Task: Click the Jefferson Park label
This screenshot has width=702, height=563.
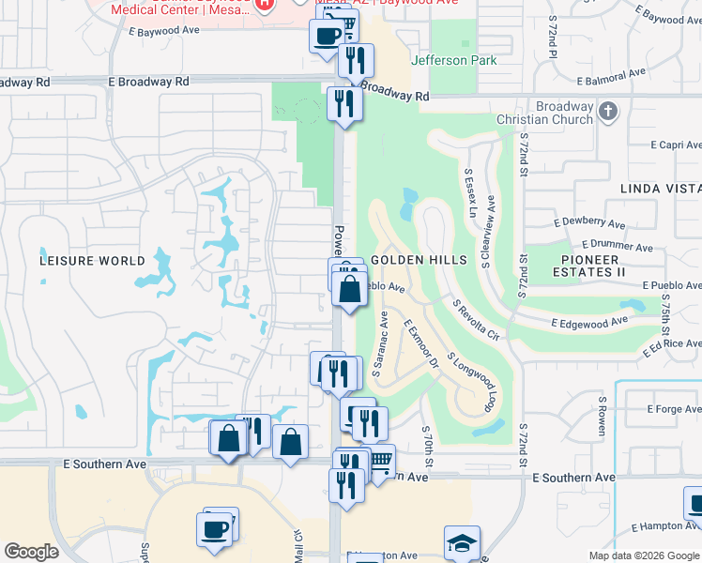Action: pyautogui.click(x=454, y=60)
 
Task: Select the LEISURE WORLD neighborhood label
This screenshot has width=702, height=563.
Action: pyautogui.click(x=92, y=261)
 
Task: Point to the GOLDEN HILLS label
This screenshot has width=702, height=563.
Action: pyautogui.click(x=419, y=259)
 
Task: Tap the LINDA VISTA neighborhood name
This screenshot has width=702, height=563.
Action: pyautogui.click(x=660, y=189)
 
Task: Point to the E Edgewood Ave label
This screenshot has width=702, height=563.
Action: pyautogui.click(x=589, y=323)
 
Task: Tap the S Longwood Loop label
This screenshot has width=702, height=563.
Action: pyautogui.click(x=472, y=382)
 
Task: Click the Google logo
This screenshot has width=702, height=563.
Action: pyautogui.click(x=31, y=552)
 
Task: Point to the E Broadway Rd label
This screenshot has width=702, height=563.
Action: pyautogui.click(x=149, y=82)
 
